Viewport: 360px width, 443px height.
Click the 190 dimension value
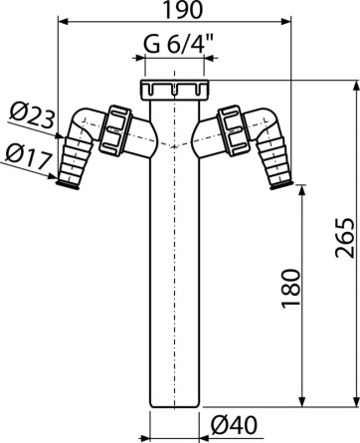[x=183, y=10]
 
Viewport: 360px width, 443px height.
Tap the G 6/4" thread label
[x=178, y=45]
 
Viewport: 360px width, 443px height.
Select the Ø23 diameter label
[x=32, y=114]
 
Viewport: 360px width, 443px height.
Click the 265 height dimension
[x=345, y=238]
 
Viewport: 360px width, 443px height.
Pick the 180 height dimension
[x=291, y=289]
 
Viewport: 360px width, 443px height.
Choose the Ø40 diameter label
[x=234, y=425]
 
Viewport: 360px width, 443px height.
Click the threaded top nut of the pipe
[x=174, y=90]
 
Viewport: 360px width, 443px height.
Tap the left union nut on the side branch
[x=115, y=130]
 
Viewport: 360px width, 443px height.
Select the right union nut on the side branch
[x=232, y=130]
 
